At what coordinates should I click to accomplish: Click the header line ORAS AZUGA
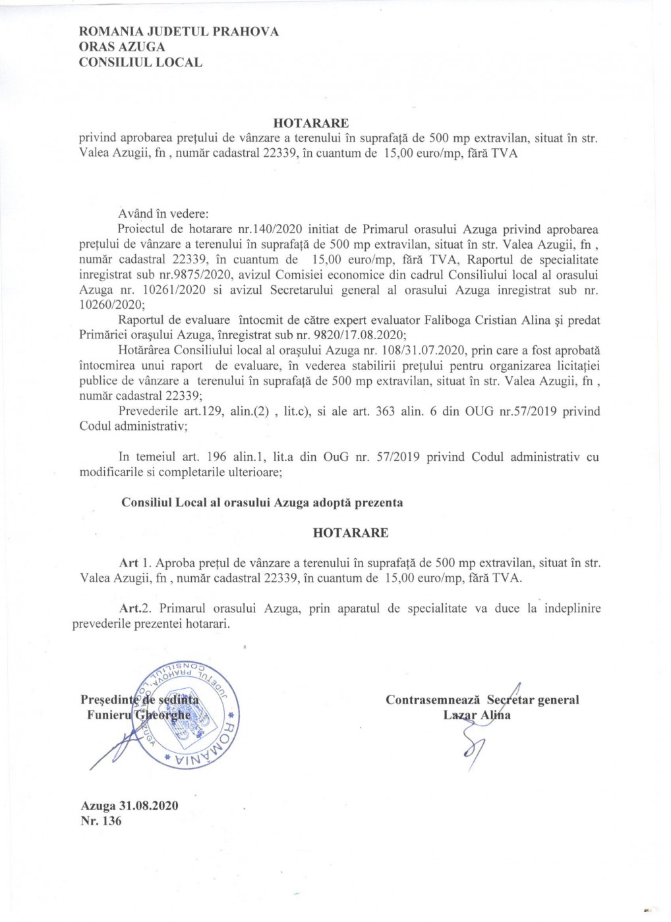click(x=122, y=47)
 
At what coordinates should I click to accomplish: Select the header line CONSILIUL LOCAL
click(x=140, y=63)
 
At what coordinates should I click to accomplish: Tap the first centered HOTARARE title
click(x=311, y=123)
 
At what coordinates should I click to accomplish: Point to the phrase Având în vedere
click(x=163, y=214)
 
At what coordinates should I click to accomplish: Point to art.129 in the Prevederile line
click(x=202, y=412)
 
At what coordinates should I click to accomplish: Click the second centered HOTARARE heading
click(x=351, y=533)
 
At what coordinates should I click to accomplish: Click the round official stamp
click(x=187, y=713)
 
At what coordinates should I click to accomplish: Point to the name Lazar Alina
click(x=477, y=715)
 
